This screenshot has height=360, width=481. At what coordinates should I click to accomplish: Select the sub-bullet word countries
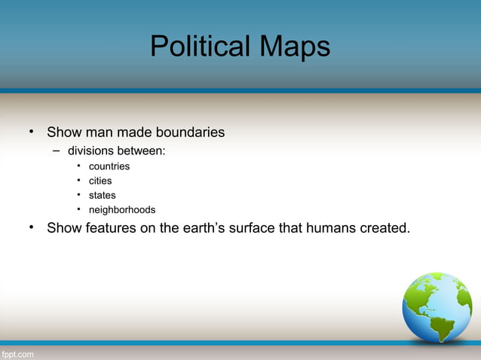[x=109, y=166]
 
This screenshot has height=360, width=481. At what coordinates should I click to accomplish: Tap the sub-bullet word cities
[x=100, y=181]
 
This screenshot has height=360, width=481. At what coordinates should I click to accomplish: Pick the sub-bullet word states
[x=103, y=195]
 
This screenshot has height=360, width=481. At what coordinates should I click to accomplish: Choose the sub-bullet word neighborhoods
[x=122, y=209]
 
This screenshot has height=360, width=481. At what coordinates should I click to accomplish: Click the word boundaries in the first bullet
[x=189, y=133]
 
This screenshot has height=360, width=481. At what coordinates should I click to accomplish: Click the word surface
[x=263, y=227]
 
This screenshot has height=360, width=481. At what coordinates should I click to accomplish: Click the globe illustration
[x=437, y=307]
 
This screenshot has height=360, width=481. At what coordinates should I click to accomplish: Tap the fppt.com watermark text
[x=17, y=353]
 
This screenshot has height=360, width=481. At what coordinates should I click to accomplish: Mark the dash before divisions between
[x=56, y=151]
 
